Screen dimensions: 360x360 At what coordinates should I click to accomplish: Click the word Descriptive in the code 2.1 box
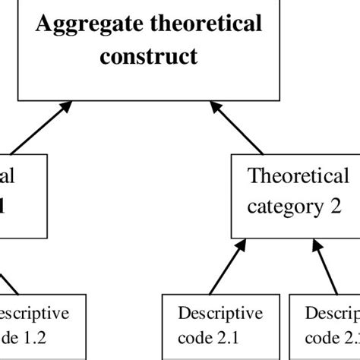point(220,314)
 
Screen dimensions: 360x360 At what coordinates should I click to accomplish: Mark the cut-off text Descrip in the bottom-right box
point(331,314)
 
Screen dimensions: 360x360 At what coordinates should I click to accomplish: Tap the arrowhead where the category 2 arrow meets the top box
point(216,110)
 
